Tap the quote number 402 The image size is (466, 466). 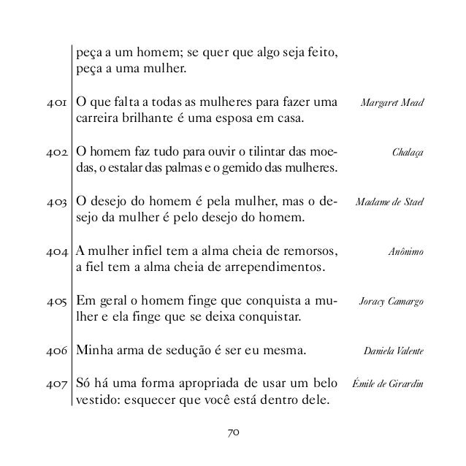click(x=56, y=153)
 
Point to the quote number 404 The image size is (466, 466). click(x=56, y=252)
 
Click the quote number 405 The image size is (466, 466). click(x=56, y=302)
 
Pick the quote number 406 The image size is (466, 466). click(x=56, y=351)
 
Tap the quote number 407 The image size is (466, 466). click(x=56, y=384)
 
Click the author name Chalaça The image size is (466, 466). click(x=408, y=153)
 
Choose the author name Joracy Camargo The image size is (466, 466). click(x=392, y=302)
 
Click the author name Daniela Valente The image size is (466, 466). click(x=394, y=351)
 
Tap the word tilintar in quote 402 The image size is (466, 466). click(x=253, y=153)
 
